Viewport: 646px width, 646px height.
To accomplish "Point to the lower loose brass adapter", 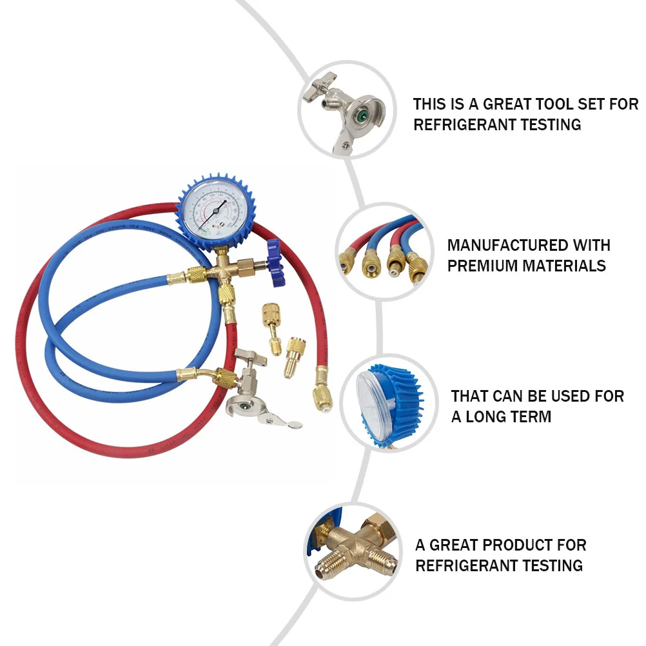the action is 294,356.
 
